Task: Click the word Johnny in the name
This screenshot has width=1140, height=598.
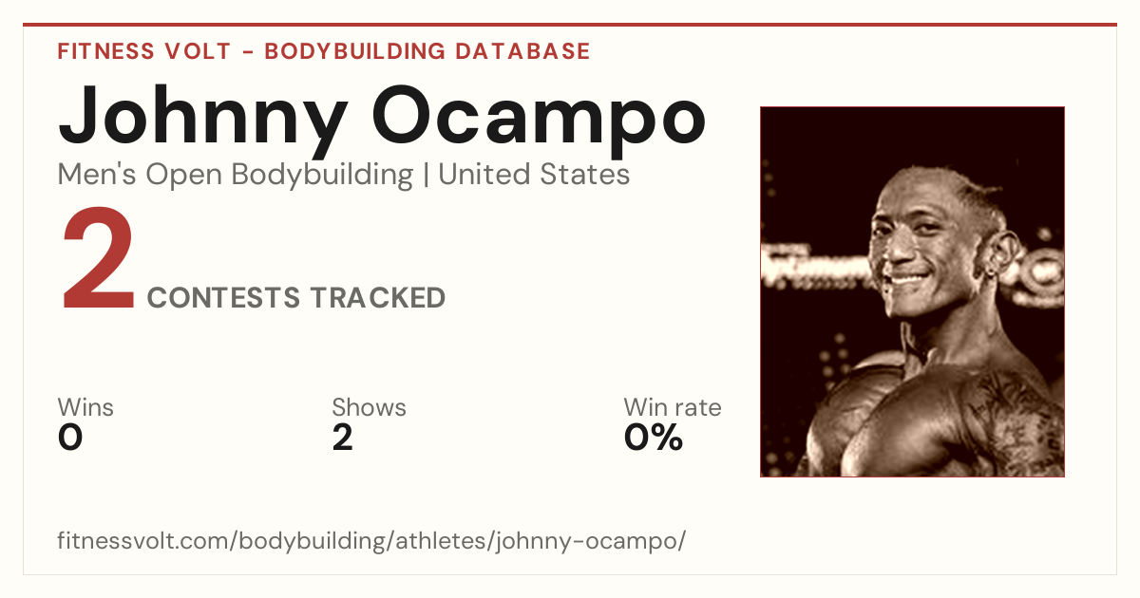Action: pos(203,121)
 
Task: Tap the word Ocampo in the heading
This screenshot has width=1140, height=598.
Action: pos(539,121)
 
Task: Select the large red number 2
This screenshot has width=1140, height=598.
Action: pos(98,258)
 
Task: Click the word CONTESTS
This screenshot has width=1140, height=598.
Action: pos(223,298)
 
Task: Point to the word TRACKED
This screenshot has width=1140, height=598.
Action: pos(378,298)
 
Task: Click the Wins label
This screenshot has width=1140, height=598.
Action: pos(85,407)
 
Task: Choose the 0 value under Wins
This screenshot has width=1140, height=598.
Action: pos(70,438)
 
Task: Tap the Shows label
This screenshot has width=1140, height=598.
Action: pos(369,407)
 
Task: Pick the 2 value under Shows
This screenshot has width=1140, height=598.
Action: pos(343,438)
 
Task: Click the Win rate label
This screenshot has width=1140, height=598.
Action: pos(673,407)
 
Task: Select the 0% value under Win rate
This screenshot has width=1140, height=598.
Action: pos(654,438)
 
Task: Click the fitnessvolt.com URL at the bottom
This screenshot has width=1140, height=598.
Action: pos(371,540)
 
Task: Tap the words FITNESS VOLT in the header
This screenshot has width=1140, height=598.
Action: pos(144,51)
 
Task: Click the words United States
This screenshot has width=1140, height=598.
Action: pos(534,175)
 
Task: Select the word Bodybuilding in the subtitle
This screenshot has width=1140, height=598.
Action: pos(322,176)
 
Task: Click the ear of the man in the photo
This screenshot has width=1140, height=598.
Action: pos(1000,253)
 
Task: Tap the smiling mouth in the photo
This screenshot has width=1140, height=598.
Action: pos(911,279)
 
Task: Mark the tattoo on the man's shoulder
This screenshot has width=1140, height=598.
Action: pos(1010,417)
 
